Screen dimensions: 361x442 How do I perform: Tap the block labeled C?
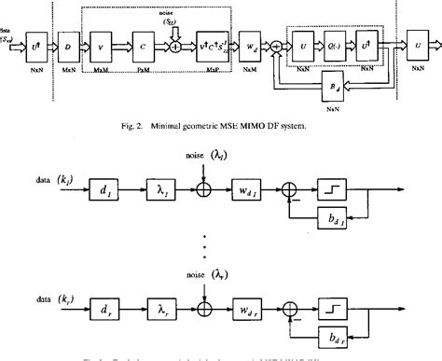pos(140,43)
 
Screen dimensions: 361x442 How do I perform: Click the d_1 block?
pos(104,193)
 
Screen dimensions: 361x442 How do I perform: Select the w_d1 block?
pos(245,193)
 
